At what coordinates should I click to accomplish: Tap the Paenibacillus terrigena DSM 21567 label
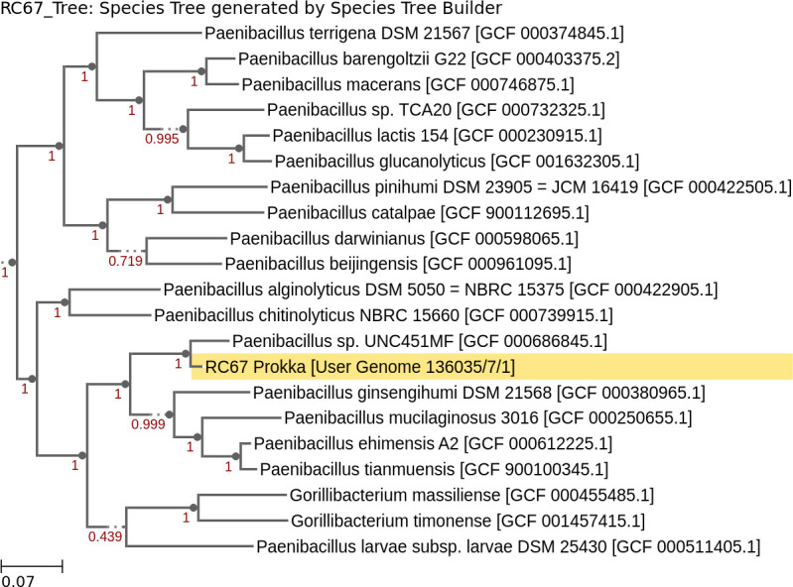pos(369,33)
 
